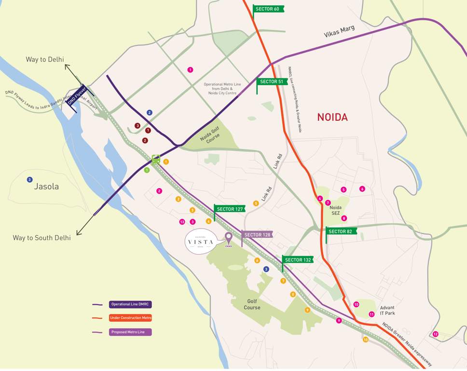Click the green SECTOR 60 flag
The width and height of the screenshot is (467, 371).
pyautogui.click(x=268, y=9)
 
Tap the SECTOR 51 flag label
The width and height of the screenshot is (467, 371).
pyautogui.click(x=272, y=82)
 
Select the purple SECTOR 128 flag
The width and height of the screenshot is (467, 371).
pyautogui.click(x=257, y=235)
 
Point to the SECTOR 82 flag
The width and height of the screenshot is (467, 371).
pyautogui.click(x=341, y=231)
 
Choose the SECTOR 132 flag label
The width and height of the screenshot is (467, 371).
pyautogui.click(x=297, y=260)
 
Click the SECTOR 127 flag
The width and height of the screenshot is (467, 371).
pyautogui.click(x=229, y=209)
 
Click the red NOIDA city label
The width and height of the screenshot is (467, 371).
pyautogui.click(x=332, y=117)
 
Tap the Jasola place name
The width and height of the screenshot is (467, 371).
pyautogui.click(x=46, y=186)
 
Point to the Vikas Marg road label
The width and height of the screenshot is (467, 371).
pyautogui.click(x=339, y=32)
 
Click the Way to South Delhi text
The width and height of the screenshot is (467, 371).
pyautogui.click(x=41, y=238)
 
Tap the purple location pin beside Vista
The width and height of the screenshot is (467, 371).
pyautogui.click(x=229, y=239)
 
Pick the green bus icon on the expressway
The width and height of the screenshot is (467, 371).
pyautogui.click(x=156, y=159)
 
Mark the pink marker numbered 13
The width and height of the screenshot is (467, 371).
pyautogui.click(x=182, y=222)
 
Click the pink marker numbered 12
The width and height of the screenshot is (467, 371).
pyautogui.click(x=435, y=334)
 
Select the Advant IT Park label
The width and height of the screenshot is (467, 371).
pyautogui.click(x=387, y=311)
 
